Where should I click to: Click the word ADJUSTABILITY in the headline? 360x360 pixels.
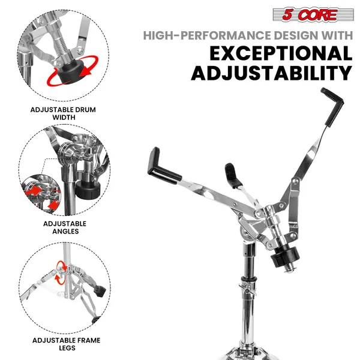point(271,74)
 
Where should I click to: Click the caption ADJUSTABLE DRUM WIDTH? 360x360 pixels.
point(64,113)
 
